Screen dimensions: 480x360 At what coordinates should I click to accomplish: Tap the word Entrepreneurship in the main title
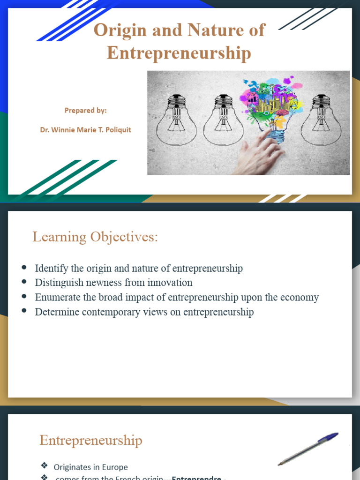coord(179,53)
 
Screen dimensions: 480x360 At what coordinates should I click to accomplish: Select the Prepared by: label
coord(85,111)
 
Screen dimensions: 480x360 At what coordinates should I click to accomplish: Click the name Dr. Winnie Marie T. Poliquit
coord(85,130)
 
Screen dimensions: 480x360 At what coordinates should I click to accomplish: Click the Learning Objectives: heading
coord(95,237)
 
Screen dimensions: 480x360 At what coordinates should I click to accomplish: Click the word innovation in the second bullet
coord(170,283)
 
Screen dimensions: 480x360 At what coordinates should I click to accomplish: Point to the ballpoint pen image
coord(307,449)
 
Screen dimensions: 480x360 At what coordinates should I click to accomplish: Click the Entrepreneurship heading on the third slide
coord(90,441)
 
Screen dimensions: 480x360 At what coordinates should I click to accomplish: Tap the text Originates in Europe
coord(90,467)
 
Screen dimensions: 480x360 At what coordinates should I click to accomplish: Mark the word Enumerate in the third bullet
coord(56,297)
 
